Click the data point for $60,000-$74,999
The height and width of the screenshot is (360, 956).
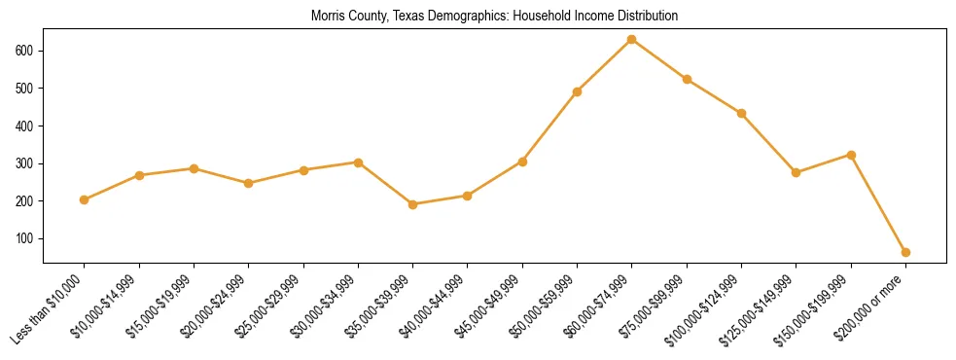[632, 39]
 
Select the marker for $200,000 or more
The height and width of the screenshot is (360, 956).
[905, 252]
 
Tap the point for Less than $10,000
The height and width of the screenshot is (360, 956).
[85, 199]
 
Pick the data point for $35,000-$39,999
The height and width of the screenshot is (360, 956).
[413, 204]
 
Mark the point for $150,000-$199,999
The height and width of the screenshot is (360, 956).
[851, 155]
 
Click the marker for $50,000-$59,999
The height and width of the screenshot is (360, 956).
[578, 91]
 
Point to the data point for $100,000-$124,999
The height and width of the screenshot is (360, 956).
[742, 113]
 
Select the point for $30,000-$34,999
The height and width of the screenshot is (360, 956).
[358, 162]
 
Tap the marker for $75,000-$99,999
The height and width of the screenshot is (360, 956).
[687, 79]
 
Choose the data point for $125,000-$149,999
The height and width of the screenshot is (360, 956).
[797, 172]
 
